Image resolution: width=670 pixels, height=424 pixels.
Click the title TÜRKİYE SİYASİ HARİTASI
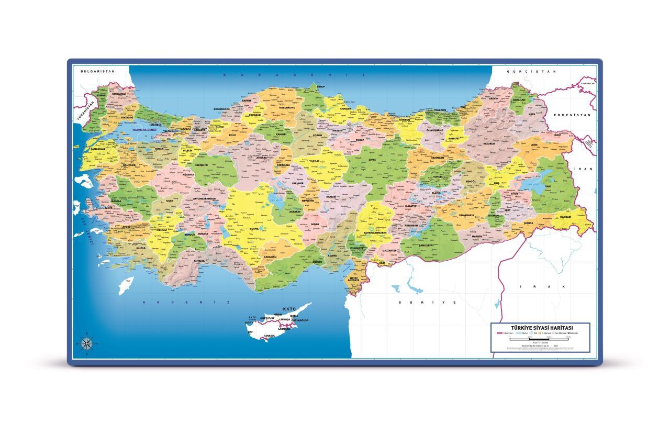click(x=539, y=327)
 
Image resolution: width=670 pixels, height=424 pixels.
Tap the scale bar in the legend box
click(x=539, y=339)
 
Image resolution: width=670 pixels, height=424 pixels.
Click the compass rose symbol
click(x=86, y=343)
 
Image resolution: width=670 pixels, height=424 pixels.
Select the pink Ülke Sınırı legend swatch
click(x=499, y=333)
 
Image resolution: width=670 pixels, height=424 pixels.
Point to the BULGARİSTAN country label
click(x=94, y=71)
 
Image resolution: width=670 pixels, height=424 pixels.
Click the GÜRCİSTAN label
click(x=531, y=71)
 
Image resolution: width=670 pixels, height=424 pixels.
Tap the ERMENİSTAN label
click(x=573, y=115)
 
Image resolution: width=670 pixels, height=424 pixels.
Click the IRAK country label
click(x=543, y=287)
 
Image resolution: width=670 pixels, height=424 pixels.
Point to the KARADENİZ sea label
click(x=293, y=75)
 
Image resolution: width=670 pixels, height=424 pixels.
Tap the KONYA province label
click(x=254, y=229)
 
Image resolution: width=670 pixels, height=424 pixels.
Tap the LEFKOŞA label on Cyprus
click(x=284, y=319)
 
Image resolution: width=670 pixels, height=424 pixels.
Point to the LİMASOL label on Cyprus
click(x=270, y=335)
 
